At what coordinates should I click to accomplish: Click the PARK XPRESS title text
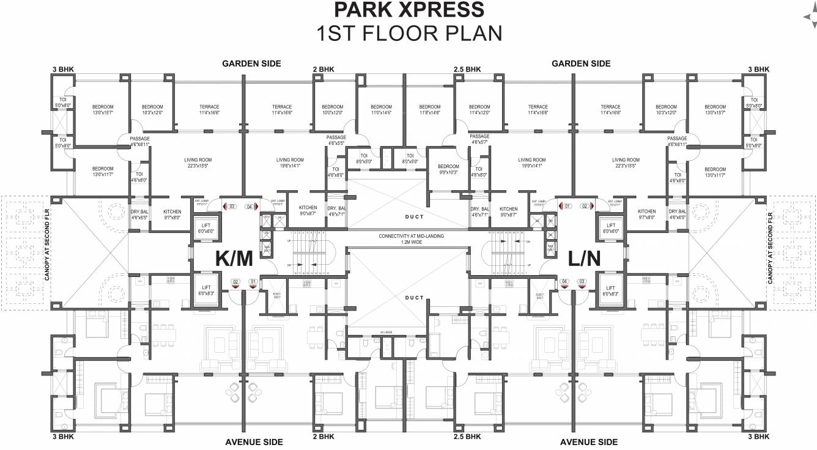408,10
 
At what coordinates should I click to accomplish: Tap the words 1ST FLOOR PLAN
408,33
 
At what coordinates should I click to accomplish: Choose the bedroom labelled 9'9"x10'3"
448,169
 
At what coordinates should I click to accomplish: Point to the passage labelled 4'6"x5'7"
479,139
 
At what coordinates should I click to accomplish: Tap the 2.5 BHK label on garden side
467,70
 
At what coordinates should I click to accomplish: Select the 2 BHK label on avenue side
323,437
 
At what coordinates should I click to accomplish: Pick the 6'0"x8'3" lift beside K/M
205,290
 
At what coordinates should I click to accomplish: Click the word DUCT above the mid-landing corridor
414,216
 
